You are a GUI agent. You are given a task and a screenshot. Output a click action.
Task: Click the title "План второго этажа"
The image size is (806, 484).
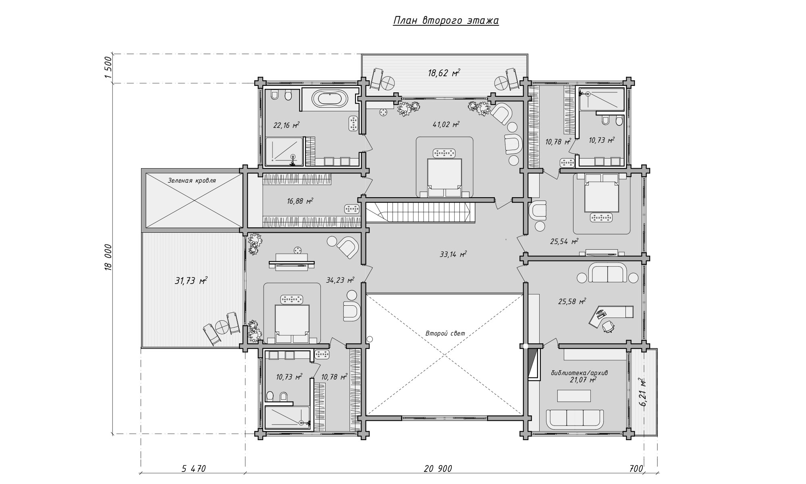tap(446, 21)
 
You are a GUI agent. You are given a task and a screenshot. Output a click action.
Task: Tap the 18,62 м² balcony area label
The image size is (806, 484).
tap(444, 73)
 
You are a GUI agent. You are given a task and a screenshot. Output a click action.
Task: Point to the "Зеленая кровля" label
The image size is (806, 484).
tap(192, 181)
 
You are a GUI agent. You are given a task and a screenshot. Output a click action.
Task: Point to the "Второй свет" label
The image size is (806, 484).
tap(445, 334)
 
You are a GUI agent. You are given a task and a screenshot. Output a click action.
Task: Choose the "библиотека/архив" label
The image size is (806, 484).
tap(579, 373)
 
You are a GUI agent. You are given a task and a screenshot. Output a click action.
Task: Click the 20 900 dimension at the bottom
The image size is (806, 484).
tap(438, 469)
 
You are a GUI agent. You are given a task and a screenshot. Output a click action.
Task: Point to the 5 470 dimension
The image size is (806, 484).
tap(194, 469)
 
